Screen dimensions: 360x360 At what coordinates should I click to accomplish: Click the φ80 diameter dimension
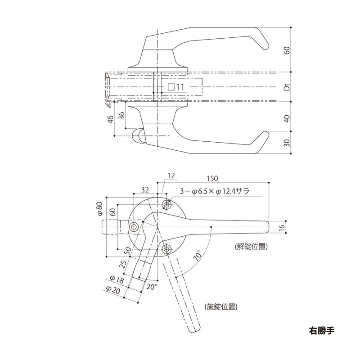100,209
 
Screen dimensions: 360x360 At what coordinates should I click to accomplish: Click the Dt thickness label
286,87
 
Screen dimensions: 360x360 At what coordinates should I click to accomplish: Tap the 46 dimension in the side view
110,120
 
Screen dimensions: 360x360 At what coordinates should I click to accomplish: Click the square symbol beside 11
171,87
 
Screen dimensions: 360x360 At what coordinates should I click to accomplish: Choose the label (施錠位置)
220,307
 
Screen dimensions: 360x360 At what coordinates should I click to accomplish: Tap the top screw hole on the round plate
167,205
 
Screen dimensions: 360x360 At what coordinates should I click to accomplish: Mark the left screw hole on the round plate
133,227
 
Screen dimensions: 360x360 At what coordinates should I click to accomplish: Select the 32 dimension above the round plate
145,190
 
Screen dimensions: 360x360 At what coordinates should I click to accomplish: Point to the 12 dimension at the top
170,175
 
